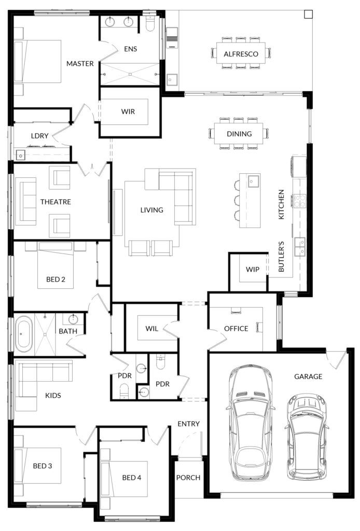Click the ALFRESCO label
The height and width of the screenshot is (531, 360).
coord(241,54)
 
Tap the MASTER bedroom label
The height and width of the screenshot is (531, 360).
coord(80,64)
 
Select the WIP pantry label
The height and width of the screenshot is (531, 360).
coord(252,270)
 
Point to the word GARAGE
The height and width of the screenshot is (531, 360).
coord(308,376)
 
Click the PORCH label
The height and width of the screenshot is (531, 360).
coord(188,478)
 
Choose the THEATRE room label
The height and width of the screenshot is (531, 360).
coord(56,202)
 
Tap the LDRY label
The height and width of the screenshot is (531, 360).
coord(39,136)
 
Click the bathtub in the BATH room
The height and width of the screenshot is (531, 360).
coord(24,334)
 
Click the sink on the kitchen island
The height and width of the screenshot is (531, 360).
coord(253,181)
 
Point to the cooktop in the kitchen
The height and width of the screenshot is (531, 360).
coord(300,201)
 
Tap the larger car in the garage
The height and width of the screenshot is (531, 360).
coord(250,423)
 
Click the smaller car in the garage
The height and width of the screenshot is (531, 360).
coord(307,437)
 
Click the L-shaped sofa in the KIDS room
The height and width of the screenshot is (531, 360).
coord(44,379)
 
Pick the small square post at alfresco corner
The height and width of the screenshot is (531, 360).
coord(308,14)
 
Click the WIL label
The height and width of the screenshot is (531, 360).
coord(151,328)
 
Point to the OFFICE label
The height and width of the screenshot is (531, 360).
coord(236,328)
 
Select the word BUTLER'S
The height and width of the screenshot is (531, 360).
coord(281,256)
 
